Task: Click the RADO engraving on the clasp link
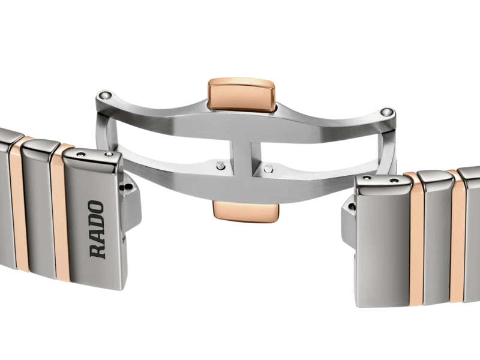pyautogui.click(x=97, y=229)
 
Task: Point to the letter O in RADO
pyautogui.click(x=96, y=208)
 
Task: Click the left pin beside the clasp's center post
pyautogui.click(x=219, y=165)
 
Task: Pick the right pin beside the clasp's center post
pyautogui.click(x=268, y=168)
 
